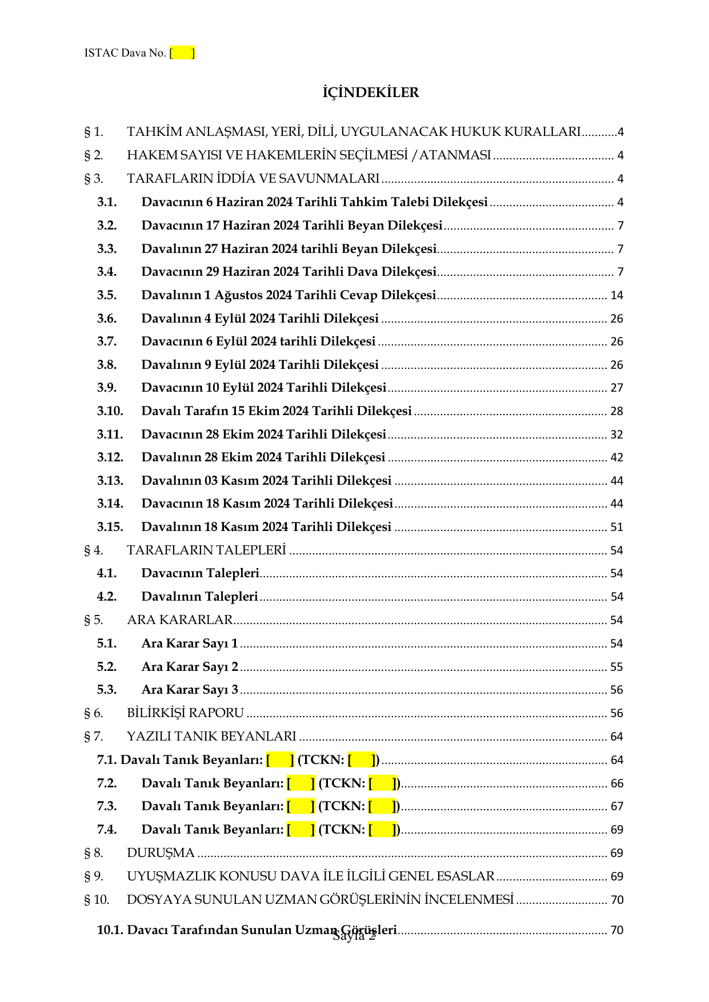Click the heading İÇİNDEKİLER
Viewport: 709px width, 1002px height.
click(370, 92)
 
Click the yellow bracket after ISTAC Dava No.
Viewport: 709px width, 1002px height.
click(182, 53)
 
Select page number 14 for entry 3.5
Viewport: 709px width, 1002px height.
click(616, 295)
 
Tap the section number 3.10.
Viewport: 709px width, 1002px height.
click(110, 411)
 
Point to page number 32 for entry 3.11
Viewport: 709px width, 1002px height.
click(616, 434)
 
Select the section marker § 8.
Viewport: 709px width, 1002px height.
click(94, 853)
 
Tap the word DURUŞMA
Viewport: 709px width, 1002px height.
click(161, 853)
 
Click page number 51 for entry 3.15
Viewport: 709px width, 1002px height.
click(616, 527)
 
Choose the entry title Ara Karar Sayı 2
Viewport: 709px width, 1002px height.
click(190, 667)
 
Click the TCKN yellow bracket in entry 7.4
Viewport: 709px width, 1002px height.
click(382, 830)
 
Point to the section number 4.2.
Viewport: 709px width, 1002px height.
click(107, 597)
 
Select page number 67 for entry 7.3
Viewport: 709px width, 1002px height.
click(616, 806)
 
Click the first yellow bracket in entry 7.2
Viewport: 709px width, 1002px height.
click(301, 783)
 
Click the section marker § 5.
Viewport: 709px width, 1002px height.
click(94, 620)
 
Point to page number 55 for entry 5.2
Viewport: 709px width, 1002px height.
click(616, 667)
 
